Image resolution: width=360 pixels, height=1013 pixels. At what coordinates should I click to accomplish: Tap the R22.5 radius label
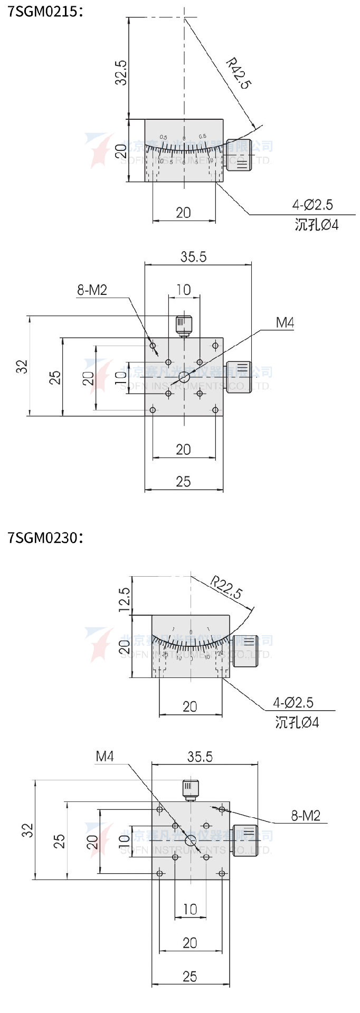[226, 587]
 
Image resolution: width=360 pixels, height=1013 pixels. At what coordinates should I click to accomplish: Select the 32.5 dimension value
[121, 72]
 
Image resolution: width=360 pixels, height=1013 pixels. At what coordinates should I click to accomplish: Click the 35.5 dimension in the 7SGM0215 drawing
[193, 257]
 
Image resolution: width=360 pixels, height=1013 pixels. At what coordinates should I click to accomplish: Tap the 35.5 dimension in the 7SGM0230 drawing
[200, 757]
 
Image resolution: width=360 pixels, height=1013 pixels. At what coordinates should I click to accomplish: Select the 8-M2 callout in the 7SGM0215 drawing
[92, 290]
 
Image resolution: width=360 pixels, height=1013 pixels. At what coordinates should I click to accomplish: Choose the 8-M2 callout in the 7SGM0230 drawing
[306, 816]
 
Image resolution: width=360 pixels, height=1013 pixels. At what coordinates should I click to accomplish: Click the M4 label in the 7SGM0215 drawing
[285, 322]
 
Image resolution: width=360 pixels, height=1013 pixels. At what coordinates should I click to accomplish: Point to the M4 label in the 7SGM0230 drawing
[105, 757]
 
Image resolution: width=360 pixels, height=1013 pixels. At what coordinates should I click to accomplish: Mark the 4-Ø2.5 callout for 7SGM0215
[312, 205]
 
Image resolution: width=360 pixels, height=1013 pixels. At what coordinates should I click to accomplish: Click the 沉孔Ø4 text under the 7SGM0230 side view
[297, 722]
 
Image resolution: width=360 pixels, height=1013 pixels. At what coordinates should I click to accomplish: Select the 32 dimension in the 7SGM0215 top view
[22, 366]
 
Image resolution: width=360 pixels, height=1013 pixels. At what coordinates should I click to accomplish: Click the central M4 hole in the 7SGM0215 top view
[184, 377]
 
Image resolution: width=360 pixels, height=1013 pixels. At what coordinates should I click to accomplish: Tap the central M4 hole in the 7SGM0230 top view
[191, 841]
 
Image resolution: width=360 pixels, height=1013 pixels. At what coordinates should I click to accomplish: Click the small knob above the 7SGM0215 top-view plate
[183, 324]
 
